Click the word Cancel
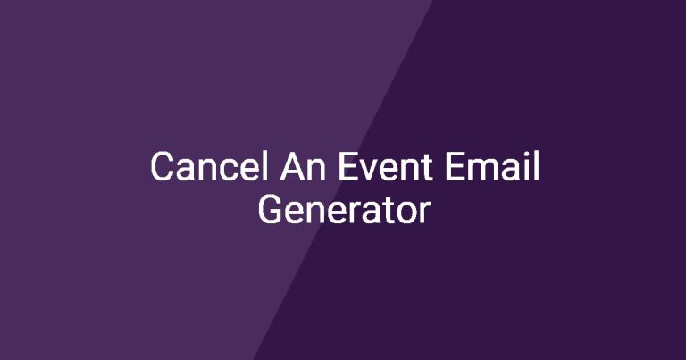click(x=209, y=166)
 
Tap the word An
click(x=303, y=166)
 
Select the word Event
click(x=386, y=166)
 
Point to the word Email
click(x=492, y=166)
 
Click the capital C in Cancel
click(x=163, y=167)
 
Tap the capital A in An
click(x=293, y=167)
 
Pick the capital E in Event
click(x=347, y=167)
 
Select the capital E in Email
click(x=455, y=167)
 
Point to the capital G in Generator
click(x=271, y=210)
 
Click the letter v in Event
click(x=371, y=171)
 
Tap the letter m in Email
click(x=485, y=170)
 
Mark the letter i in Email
click(x=528, y=167)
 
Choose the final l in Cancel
click(x=264, y=166)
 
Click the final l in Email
click(x=537, y=166)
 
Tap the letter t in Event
click(x=427, y=169)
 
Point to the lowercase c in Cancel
click(x=227, y=171)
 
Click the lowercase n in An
click(x=317, y=170)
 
